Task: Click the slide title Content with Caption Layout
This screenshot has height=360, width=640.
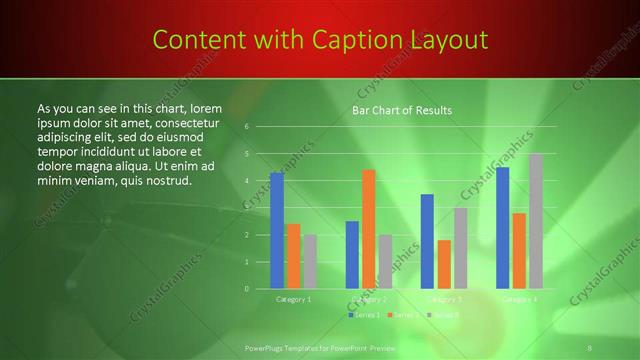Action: tap(320, 40)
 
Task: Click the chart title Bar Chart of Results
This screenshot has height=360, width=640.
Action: tap(402, 110)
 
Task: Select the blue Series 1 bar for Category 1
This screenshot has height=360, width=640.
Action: tap(277, 231)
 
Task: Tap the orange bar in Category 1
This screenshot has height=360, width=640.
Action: tap(293, 256)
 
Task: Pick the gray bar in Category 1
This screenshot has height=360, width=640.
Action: tap(309, 262)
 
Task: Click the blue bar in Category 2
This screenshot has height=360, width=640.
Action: tap(352, 255)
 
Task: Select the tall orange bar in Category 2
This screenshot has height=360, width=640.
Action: tap(368, 229)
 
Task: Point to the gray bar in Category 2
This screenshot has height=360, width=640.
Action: tap(385, 262)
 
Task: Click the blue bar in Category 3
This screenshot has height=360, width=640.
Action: tap(427, 241)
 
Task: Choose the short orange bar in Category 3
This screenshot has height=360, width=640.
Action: tap(444, 264)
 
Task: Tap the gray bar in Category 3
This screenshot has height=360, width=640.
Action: tap(460, 248)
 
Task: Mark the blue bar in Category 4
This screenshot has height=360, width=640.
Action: tap(503, 228)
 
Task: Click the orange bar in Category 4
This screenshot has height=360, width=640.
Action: tap(519, 251)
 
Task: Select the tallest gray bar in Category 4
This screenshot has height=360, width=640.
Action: tap(536, 221)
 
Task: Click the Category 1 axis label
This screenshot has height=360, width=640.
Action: tap(294, 299)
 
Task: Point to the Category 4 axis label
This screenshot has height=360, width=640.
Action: tap(519, 299)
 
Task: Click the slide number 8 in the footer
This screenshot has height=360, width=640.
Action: tap(590, 346)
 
